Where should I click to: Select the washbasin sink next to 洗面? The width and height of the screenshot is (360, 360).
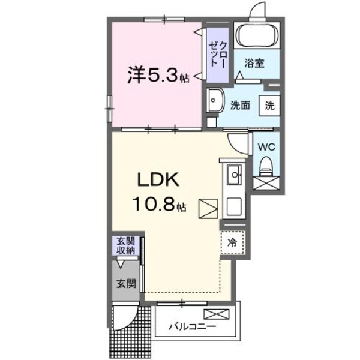click(x=215, y=100)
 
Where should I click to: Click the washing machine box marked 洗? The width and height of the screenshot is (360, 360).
click(x=269, y=105)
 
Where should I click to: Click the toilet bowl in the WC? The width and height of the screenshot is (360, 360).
click(x=265, y=163)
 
